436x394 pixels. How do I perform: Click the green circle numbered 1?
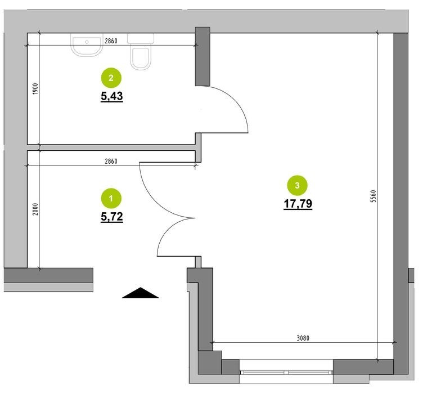click(111, 198)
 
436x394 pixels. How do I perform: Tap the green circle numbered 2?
click(111, 78)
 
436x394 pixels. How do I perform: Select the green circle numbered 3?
click(297, 185)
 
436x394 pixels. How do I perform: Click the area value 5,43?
click(112, 96)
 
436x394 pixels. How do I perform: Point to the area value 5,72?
click(112, 217)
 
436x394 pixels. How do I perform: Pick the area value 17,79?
click(298, 204)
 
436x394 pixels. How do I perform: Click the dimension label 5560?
click(374, 196)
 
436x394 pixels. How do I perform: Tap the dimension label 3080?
click(303, 338)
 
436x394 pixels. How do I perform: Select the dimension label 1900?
click(35, 89)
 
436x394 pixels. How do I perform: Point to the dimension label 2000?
click(35, 209)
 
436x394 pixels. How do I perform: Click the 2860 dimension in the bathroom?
click(111, 41)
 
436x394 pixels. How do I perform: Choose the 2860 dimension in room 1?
click(111, 161)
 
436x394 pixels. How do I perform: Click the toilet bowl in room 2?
click(141, 59)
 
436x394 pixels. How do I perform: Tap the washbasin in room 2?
click(87, 45)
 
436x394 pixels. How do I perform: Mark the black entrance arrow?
click(141, 293)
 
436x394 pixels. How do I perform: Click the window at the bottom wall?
click(286, 372)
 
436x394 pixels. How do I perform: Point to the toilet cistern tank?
click(141, 39)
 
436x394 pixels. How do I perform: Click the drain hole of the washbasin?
click(87, 42)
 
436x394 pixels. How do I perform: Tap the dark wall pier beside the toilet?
click(203, 56)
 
